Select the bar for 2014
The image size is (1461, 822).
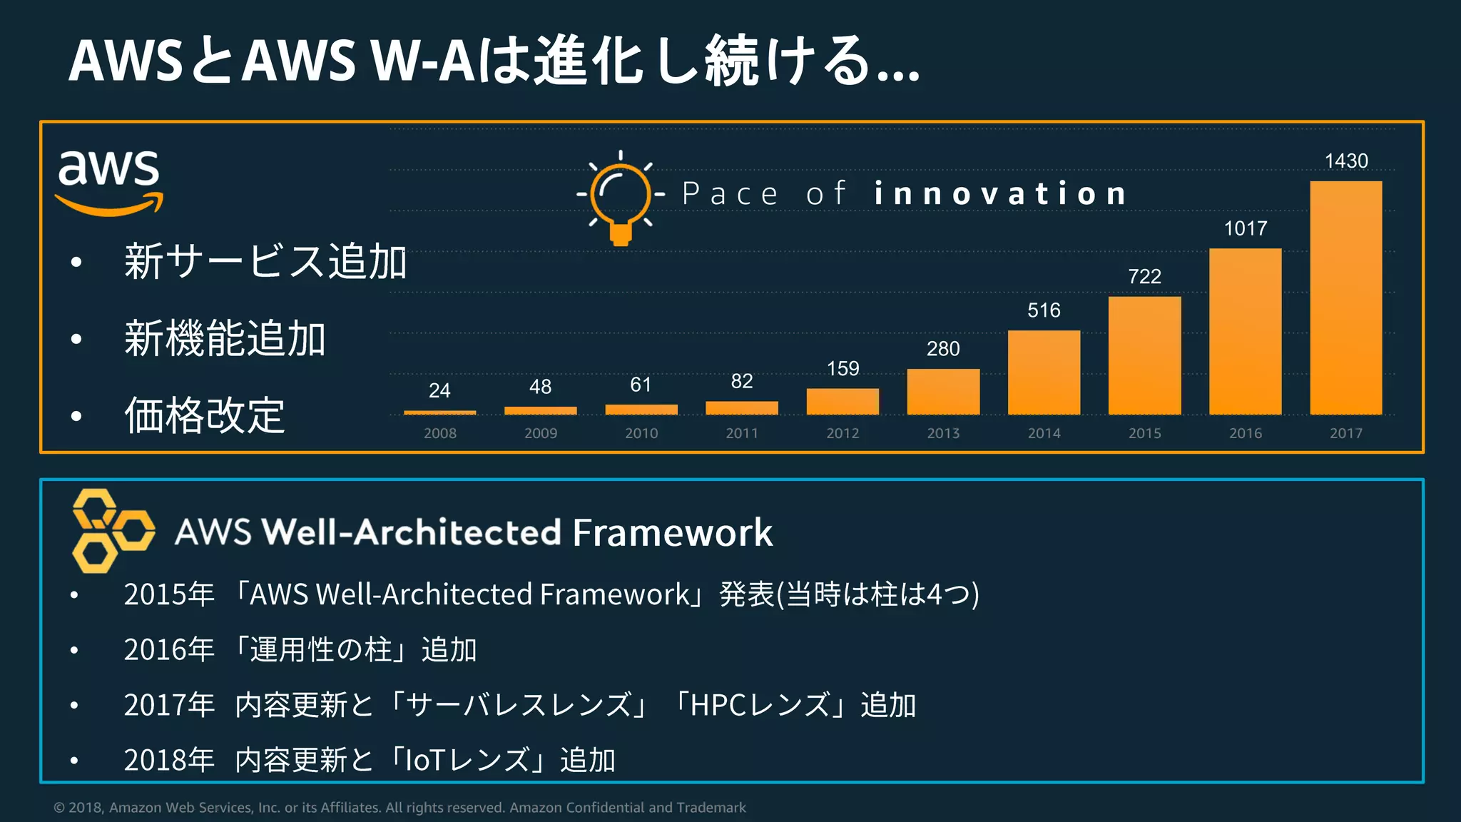point(1044,372)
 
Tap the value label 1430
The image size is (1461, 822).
point(1346,161)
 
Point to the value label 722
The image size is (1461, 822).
point(1144,276)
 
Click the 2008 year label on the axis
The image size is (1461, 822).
point(439,433)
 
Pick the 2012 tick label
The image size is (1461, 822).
point(843,433)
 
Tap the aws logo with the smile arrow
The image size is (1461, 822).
point(109,181)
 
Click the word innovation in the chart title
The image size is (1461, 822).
point(1000,194)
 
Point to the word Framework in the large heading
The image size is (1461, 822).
point(672,532)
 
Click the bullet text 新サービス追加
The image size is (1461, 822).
point(265,261)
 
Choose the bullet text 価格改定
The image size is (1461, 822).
point(205,415)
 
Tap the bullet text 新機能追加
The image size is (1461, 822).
point(225,338)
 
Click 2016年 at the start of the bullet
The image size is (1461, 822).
point(169,649)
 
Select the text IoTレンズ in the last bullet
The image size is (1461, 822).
point(467,760)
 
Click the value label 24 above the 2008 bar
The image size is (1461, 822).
point(439,390)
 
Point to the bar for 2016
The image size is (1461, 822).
point(1245,332)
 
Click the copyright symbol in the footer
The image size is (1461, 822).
point(59,808)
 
